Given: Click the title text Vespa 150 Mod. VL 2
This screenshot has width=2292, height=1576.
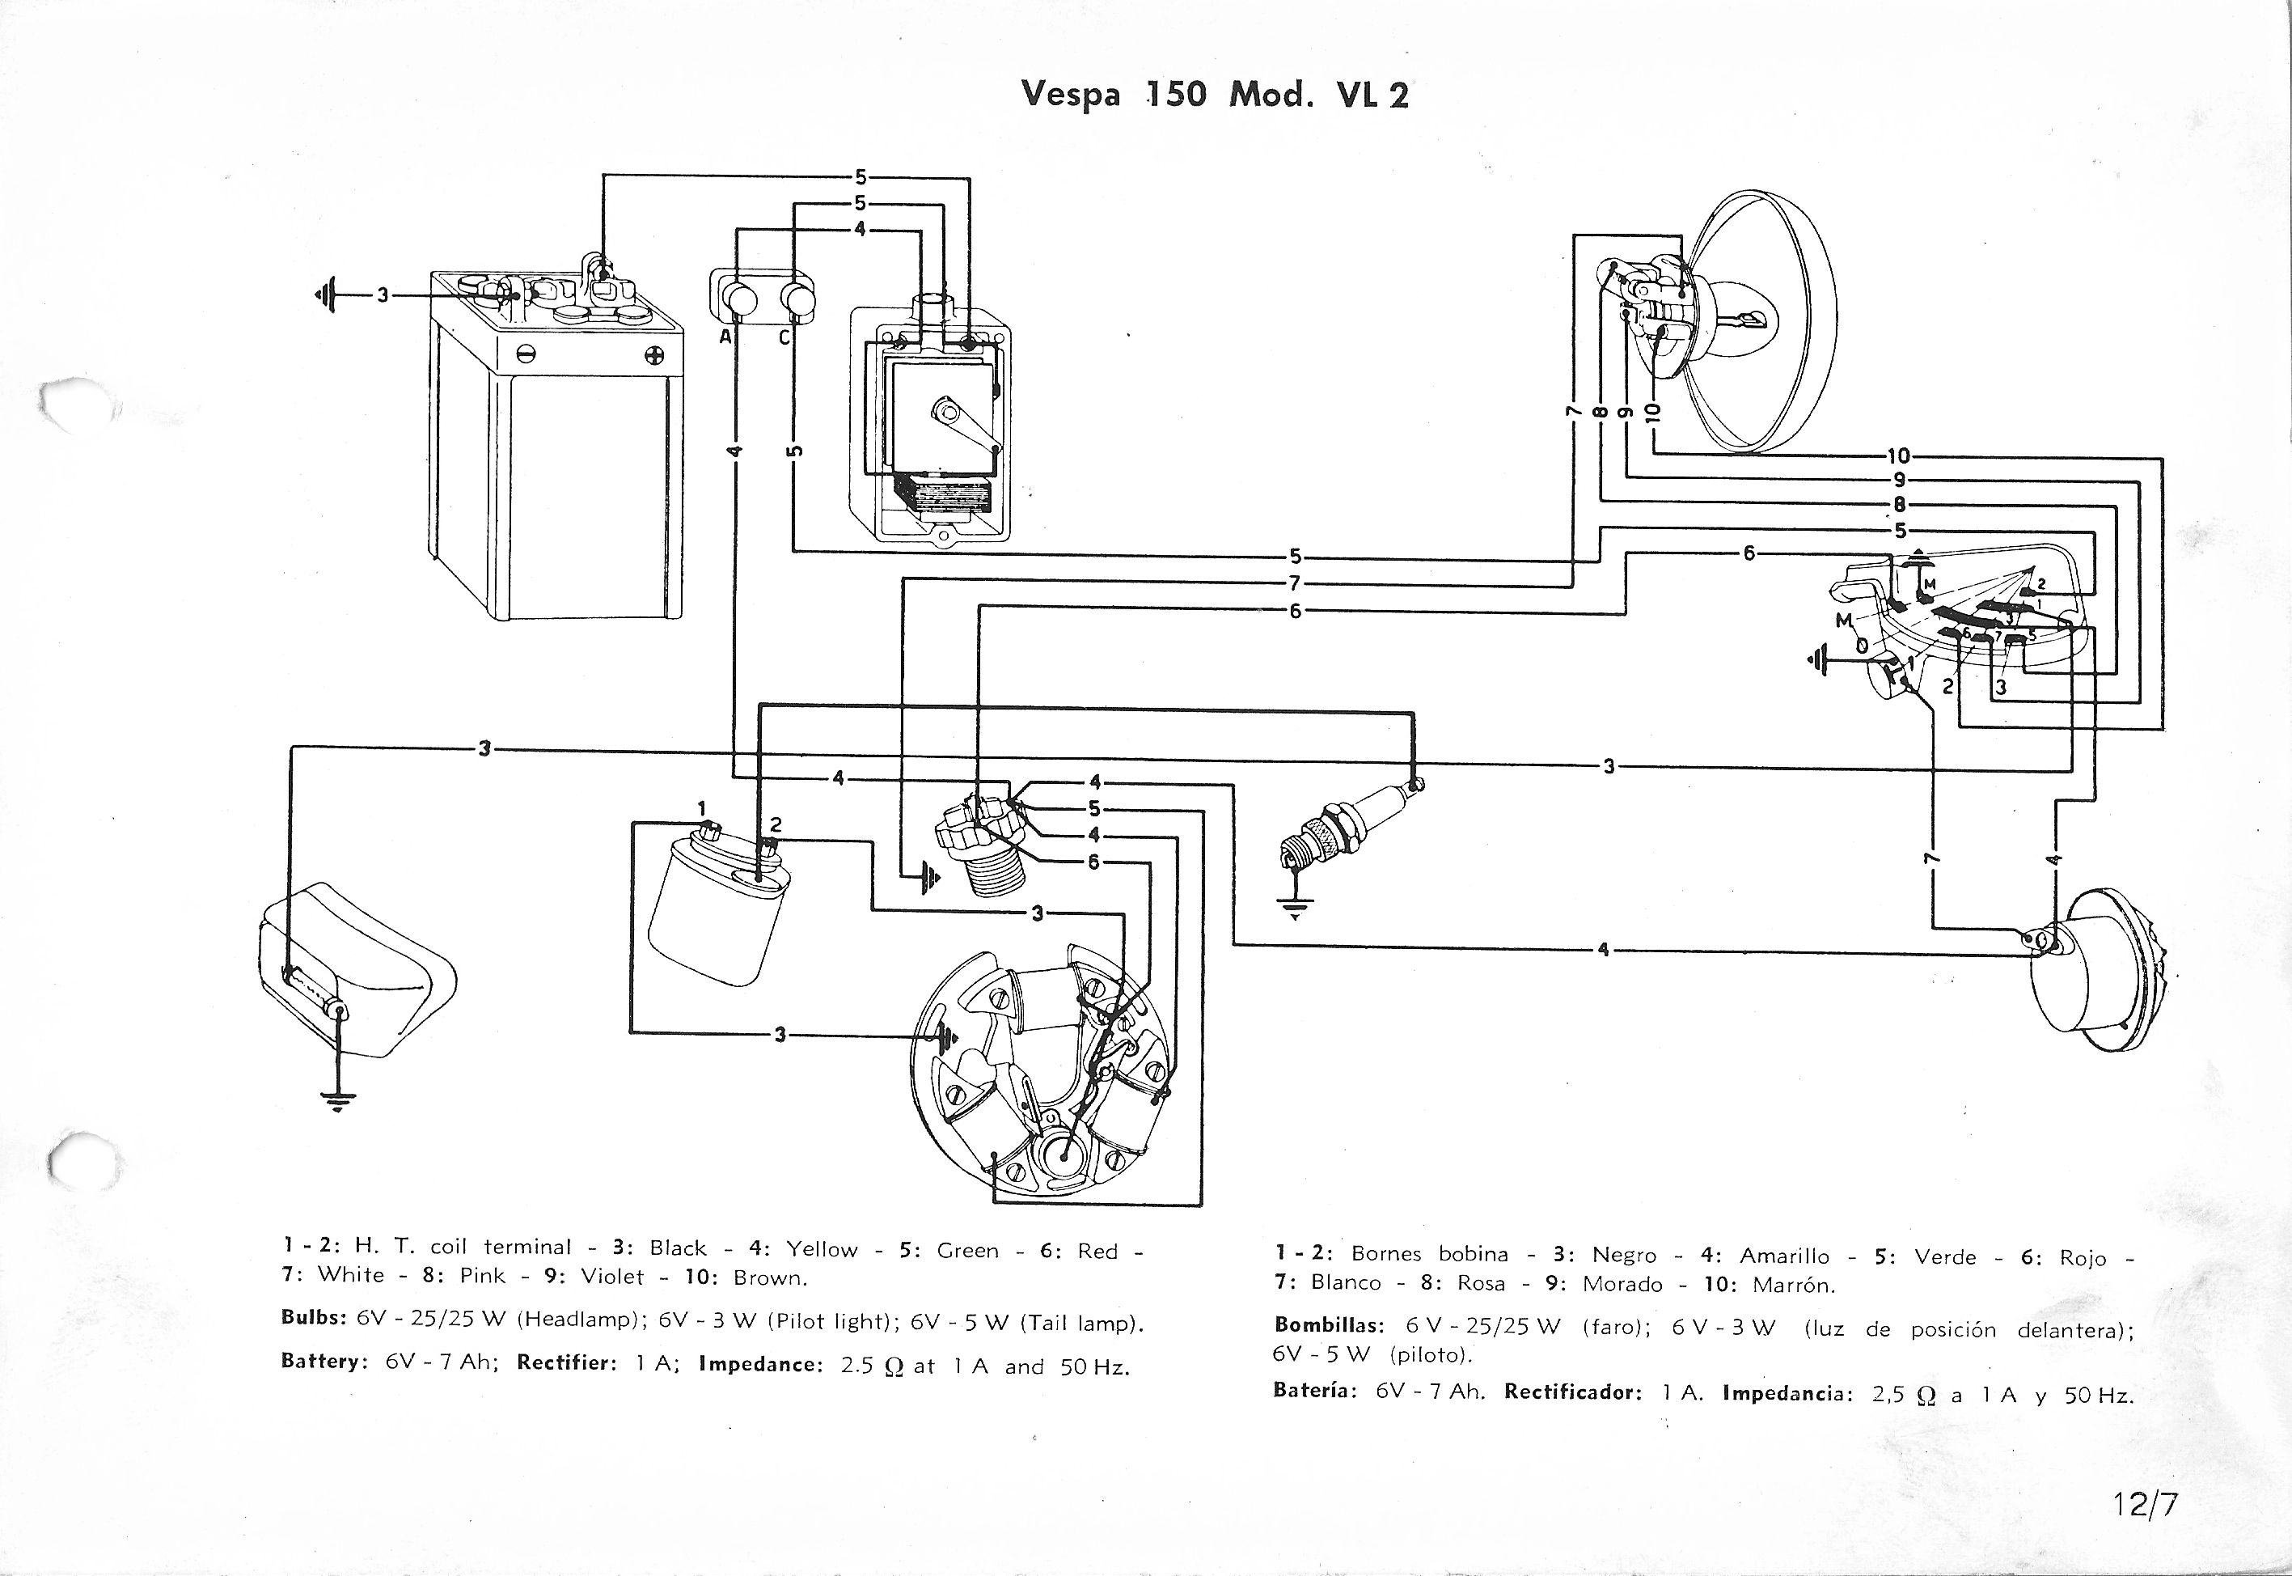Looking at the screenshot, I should [1214, 94].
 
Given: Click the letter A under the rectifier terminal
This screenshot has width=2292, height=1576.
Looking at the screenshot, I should [725, 337].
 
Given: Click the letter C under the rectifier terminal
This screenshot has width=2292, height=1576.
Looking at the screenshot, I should [784, 337].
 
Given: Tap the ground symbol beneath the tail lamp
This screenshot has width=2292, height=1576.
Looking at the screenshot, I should [337, 1100].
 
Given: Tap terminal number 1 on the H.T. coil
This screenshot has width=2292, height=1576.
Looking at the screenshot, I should [702, 810].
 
